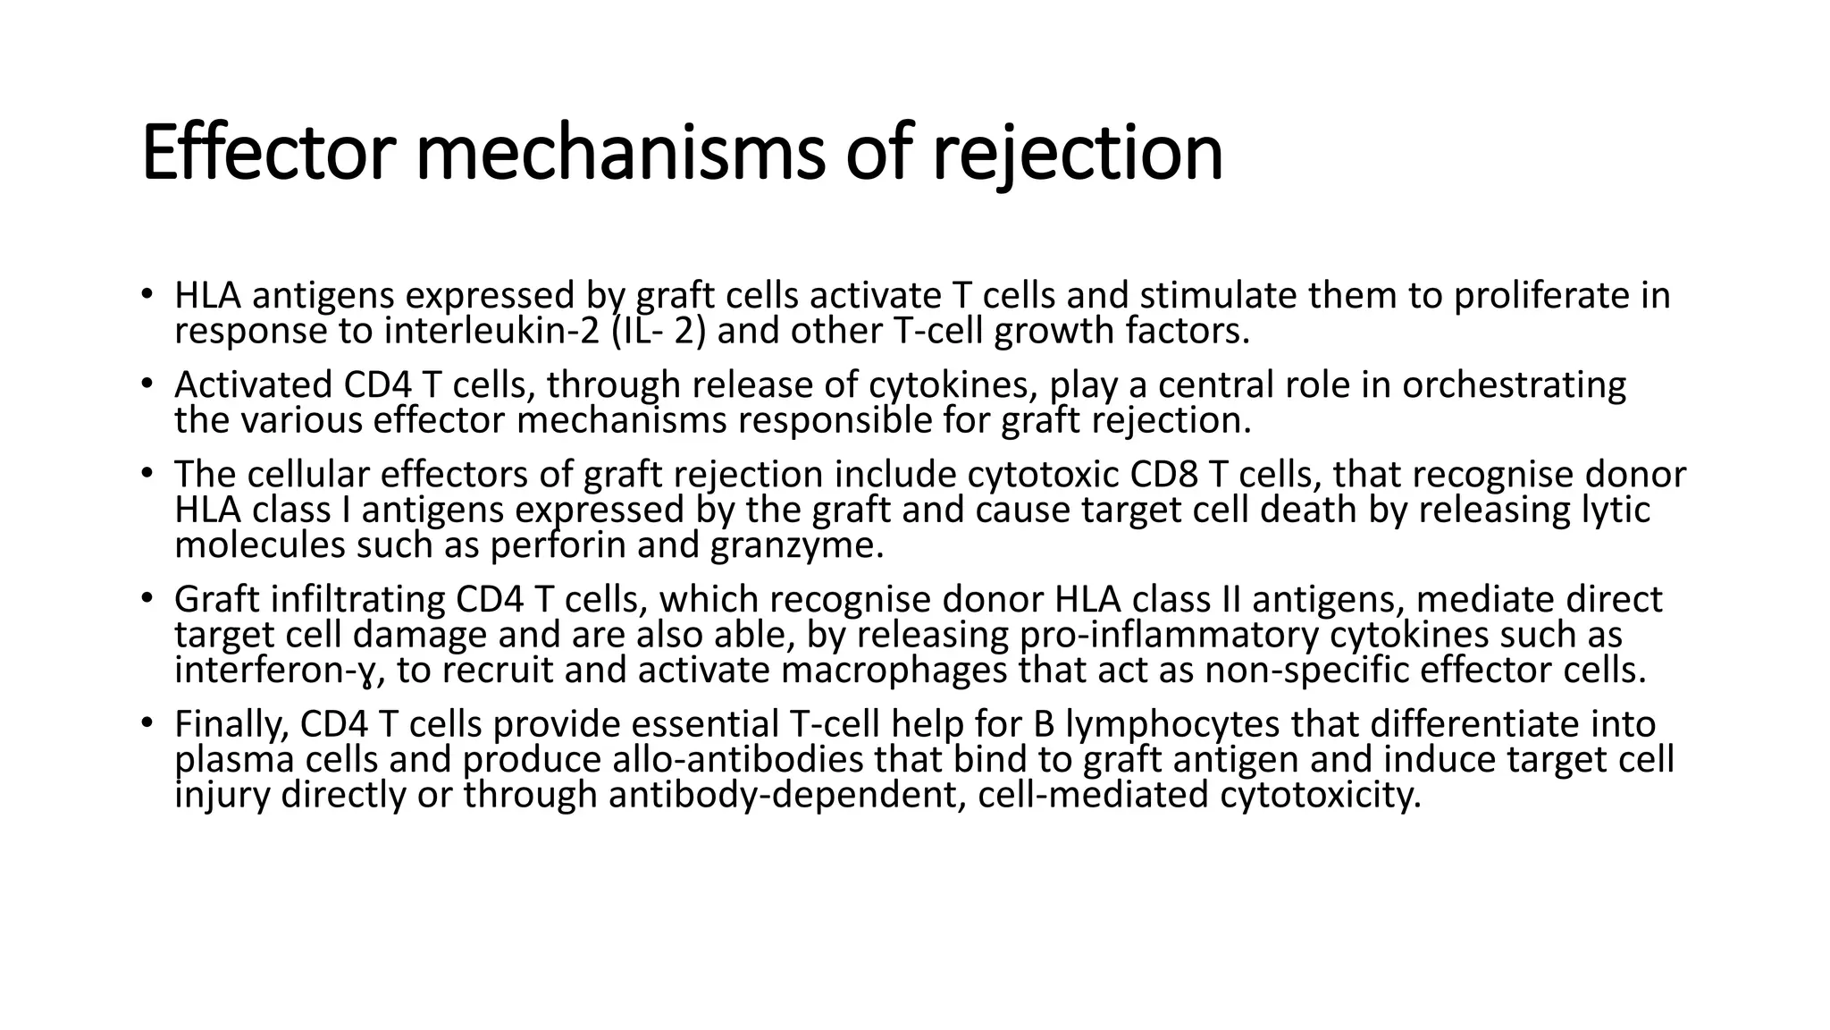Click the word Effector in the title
267,154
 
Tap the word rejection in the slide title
1077,154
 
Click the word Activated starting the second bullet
253,385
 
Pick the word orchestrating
1514,385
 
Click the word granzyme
796,546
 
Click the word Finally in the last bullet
231,725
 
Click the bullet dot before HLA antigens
147,294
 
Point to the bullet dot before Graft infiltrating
147,598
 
